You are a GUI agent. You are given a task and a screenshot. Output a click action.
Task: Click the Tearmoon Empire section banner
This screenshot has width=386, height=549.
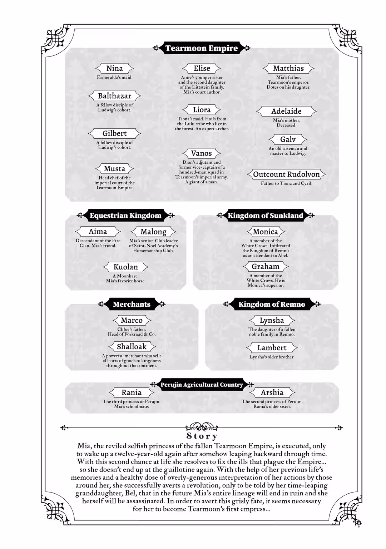(202, 48)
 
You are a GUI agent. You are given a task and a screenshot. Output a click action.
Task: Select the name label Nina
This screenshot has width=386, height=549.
(114, 68)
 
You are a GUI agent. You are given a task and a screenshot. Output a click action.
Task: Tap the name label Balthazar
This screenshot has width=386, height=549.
(114, 96)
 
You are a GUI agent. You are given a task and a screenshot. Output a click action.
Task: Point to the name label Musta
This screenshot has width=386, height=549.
(114, 169)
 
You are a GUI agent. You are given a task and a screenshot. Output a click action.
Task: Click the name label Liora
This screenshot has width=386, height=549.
(202, 110)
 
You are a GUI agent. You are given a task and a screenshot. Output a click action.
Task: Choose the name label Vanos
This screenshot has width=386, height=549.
(201, 153)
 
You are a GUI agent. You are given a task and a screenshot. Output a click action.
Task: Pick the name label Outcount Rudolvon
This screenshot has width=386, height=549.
(286, 174)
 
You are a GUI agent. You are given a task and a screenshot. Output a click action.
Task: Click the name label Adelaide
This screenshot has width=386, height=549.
(286, 111)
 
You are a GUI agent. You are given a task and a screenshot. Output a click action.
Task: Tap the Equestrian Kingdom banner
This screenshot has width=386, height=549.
(125, 216)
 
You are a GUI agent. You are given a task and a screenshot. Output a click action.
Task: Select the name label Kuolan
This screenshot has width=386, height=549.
(125, 267)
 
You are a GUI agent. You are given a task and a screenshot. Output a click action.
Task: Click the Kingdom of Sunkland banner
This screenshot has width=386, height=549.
(265, 216)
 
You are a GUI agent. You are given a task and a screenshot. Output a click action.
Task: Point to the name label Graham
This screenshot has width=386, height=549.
(265, 267)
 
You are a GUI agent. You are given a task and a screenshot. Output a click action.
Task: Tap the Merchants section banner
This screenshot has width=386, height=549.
(132, 305)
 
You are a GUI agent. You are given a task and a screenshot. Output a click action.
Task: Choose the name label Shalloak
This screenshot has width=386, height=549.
(132, 347)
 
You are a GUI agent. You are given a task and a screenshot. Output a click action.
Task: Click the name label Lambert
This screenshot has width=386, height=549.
(272, 348)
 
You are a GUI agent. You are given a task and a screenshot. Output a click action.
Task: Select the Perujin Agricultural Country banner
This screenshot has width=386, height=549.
(202, 385)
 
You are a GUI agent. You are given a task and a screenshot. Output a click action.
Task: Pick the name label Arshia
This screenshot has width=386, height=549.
(272, 392)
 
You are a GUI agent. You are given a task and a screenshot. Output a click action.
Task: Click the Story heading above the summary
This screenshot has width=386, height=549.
(202, 436)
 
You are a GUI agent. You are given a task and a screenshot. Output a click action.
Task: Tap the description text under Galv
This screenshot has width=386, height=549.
(288, 151)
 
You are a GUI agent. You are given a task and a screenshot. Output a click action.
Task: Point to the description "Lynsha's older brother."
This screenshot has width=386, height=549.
(272, 357)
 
